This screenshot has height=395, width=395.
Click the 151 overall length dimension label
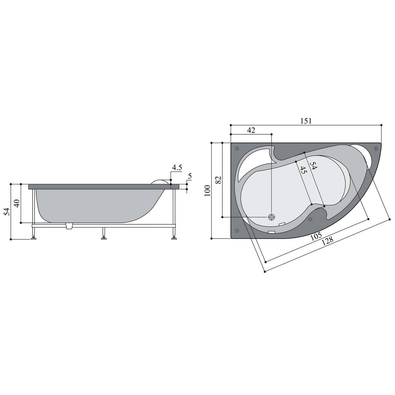pyautogui.click(x=306, y=121)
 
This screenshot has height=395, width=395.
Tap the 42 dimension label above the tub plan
pyautogui.click(x=251, y=130)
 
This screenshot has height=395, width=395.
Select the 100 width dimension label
pyautogui.click(x=207, y=191)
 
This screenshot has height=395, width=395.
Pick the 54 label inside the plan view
pyautogui.click(x=313, y=166)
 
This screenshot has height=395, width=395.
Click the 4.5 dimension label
pyautogui.click(x=177, y=168)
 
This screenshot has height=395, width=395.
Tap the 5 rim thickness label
pyautogui.click(x=190, y=176)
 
